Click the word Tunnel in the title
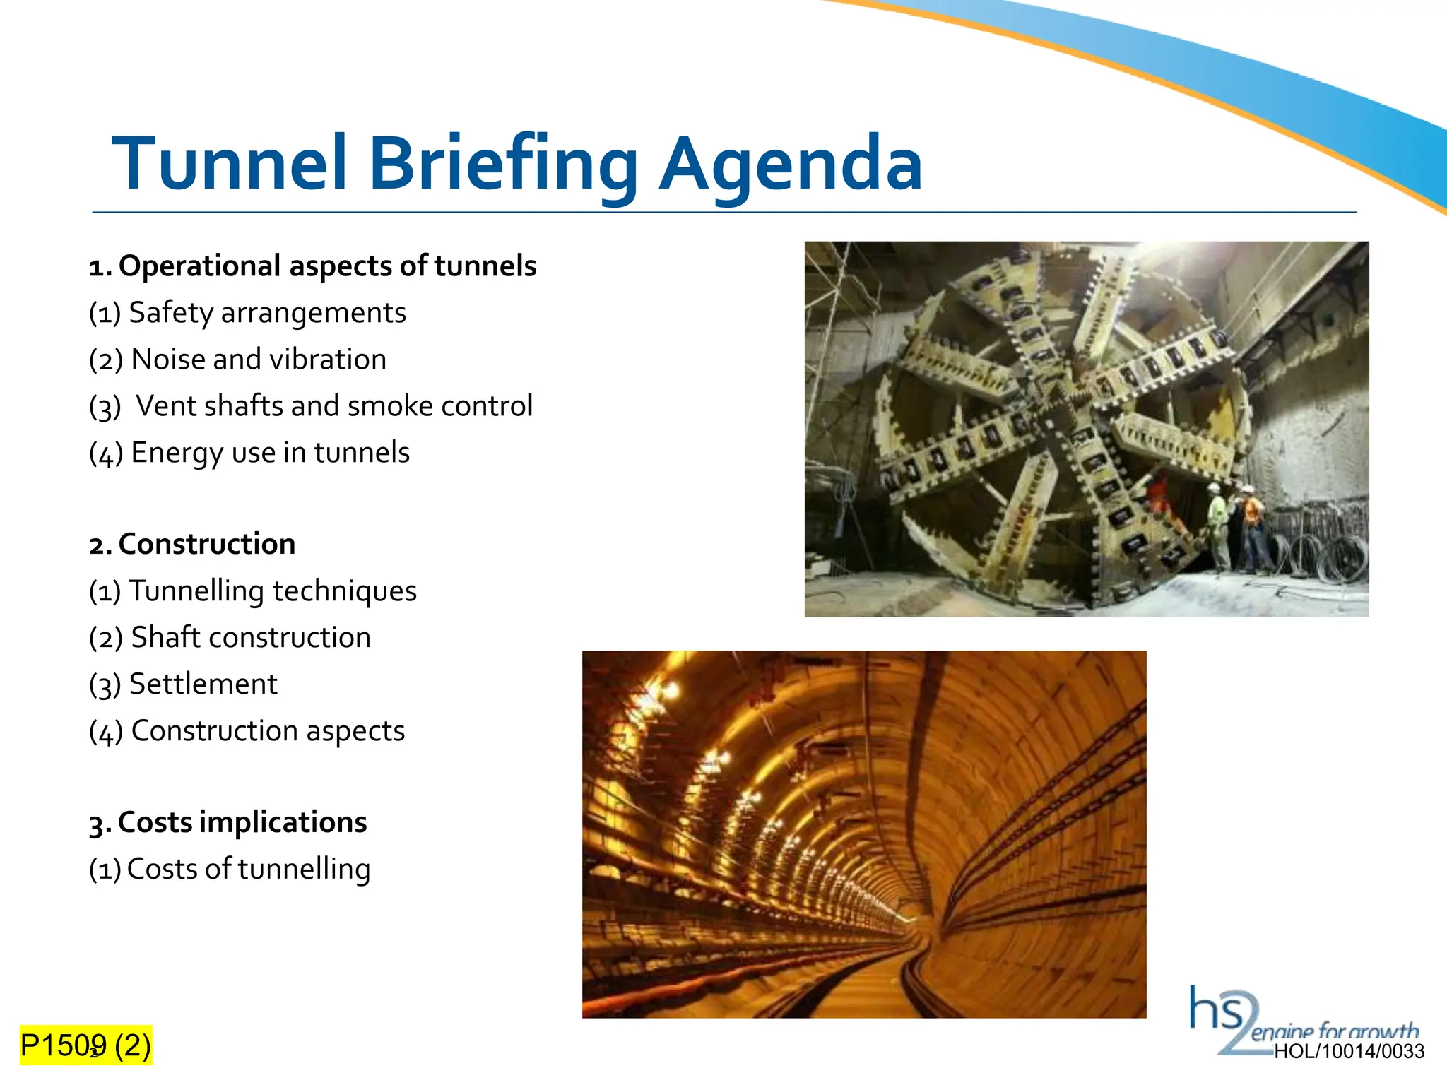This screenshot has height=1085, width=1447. tap(230, 164)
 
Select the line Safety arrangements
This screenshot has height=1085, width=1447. tap(247, 312)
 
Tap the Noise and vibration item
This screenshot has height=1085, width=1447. tap(237, 360)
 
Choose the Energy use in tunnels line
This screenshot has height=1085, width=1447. tap(249, 453)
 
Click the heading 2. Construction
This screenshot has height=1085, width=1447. tap(192, 544)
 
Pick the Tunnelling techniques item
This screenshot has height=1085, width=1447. tap(252, 591)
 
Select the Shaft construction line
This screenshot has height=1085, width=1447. tap(230, 637)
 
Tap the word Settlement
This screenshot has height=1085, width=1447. tap(203, 684)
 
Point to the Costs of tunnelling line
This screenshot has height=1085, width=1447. tap(229, 869)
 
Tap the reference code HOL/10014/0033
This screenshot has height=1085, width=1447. tap(1349, 1052)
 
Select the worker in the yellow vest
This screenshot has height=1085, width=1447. tap(1217, 519)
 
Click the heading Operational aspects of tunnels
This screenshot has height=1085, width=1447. tap(312, 266)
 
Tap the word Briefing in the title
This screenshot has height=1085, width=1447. tap(503, 164)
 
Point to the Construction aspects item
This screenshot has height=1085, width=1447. tap(247, 730)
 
